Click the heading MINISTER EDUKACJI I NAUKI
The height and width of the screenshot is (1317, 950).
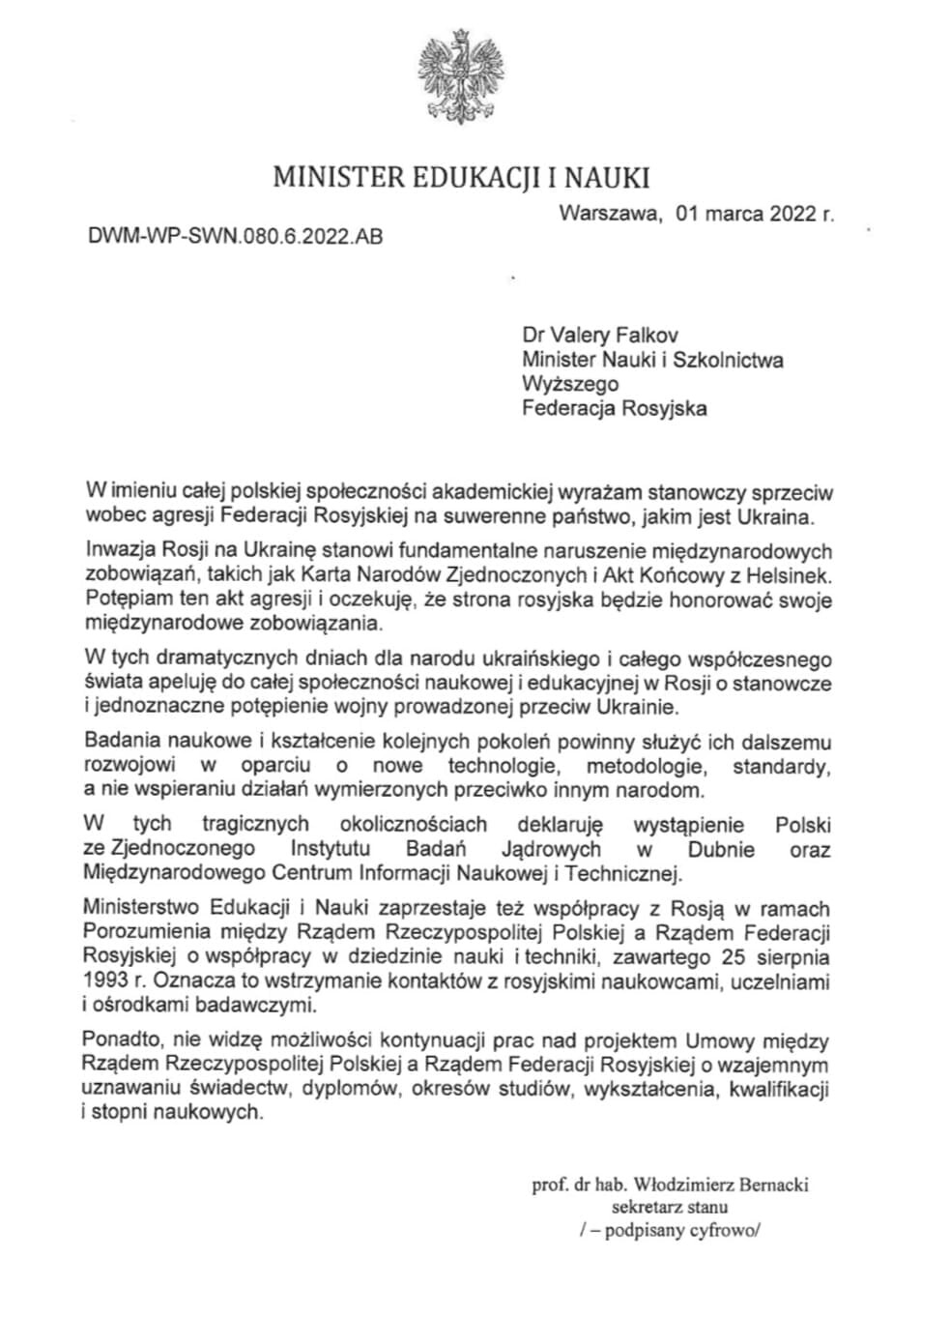click(x=461, y=178)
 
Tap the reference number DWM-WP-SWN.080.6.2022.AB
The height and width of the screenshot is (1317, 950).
click(x=235, y=235)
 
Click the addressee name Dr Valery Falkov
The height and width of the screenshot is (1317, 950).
click(x=599, y=336)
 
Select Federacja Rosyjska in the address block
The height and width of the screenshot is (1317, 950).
click(x=614, y=407)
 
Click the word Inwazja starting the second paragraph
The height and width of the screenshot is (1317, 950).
click(x=118, y=551)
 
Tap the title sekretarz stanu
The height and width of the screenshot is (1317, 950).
click(x=670, y=1207)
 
